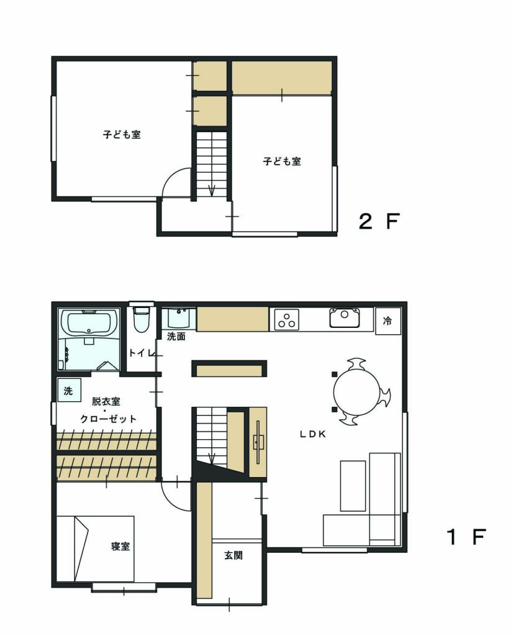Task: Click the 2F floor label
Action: click(x=379, y=221)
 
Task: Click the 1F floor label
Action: click(x=466, y=537)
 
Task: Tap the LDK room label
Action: click(x=313, y=434)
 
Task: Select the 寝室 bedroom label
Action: click(x=120, y=546)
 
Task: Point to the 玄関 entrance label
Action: click(x=233, y=555)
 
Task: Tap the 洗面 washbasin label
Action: click(x=176, y=336)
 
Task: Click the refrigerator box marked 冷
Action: click(x=388, y=321)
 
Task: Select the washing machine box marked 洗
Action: click(x=69, y=390)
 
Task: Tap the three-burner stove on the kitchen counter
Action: click(x=287, y=319)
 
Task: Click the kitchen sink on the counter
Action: click(x=345, y=317)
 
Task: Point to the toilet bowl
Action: click(x=142, y=319)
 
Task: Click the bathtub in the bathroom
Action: click(x=89, y=323)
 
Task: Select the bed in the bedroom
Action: click(x=95, y=549)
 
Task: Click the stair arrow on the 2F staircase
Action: click(x=211, y=190)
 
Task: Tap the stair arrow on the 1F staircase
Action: click(x=211, y=458)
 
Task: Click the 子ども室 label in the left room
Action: click(x=122, y=134)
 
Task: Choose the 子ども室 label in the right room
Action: click(x=282, y=161)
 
